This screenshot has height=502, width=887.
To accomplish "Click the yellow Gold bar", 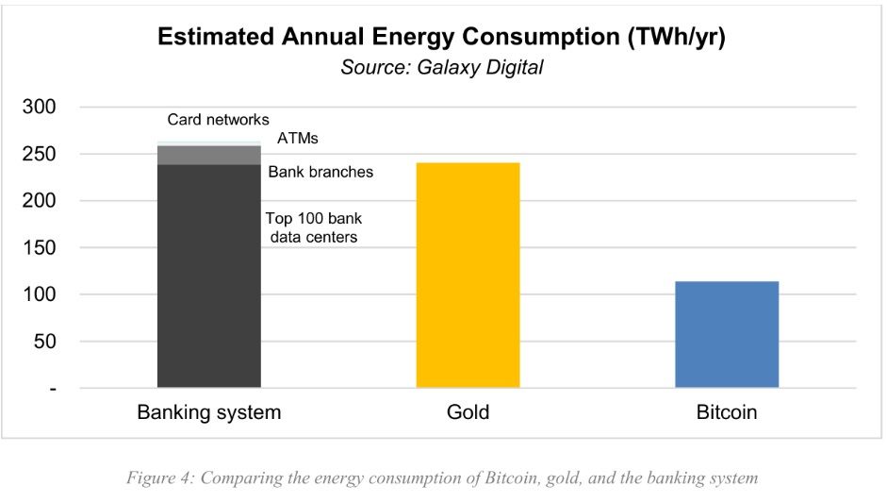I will (468, 275).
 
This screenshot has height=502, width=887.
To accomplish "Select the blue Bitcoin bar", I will (727, 334).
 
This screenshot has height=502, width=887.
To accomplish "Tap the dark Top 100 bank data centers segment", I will (208, 276).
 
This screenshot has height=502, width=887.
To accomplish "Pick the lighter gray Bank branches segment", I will (208, 156).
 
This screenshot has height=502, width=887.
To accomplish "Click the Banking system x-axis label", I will (208, 413).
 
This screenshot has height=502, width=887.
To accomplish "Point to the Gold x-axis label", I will (468, 413).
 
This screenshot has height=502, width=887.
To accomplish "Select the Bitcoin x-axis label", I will (727, 413).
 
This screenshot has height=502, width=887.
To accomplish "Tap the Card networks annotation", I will (218, 120).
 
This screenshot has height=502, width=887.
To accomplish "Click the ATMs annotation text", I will (298, 139).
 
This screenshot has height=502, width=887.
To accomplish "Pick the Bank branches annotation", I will (320, 172).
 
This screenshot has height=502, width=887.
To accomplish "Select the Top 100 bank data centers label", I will (314, 227).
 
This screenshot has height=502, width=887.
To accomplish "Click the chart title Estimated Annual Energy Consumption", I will (442, 38).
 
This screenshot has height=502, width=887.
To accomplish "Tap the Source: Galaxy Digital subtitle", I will (442, 67).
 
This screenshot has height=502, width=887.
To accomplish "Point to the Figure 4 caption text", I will (442, 478).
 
